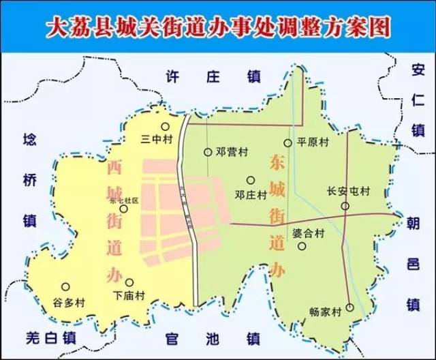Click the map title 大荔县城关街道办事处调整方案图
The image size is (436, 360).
point(218,27)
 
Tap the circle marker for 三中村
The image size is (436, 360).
point(165,126)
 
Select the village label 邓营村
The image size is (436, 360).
point(230,152)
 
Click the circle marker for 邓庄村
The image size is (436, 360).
point(251,180)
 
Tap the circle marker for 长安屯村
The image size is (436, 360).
point(345,206)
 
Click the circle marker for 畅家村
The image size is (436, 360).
point(349,307)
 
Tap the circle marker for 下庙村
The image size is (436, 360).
point(129,282)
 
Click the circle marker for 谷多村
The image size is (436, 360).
point(65,287)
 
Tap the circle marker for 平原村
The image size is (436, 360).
point(287,143)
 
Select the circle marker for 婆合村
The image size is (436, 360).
point(302,245)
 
